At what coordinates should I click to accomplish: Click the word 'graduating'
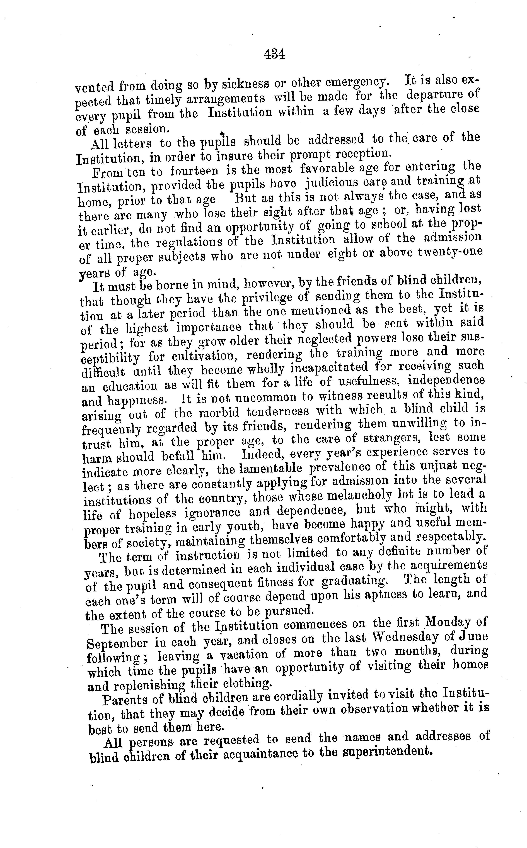click(x=354, y=581)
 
